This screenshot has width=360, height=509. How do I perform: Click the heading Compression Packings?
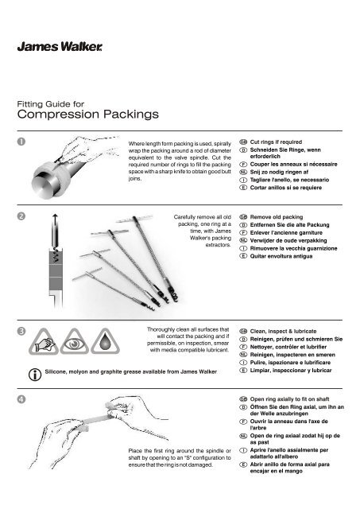click(x=91, y=114)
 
